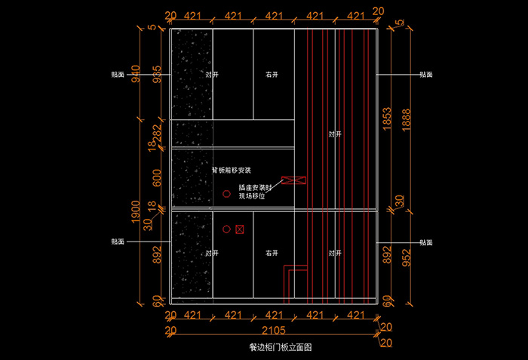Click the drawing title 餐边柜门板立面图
tap(280, 348)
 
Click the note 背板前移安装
tap(236, 171)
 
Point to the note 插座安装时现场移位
tap(256, 191)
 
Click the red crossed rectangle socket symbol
tap(292, 181)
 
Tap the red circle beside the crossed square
tap(226, 229)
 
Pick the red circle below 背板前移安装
tap(225, 195)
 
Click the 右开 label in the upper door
tap(272, 75)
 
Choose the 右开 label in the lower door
tap(272, 254)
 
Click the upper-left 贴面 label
tap(118, 75)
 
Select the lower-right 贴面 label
tap(426, 243)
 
